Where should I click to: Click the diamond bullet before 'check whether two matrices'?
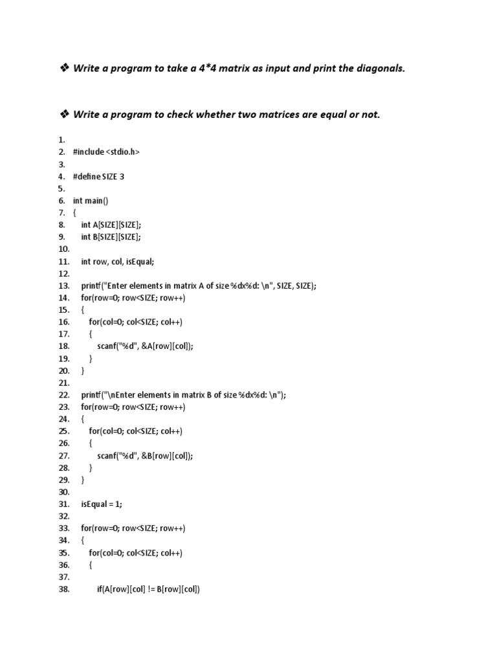(x=64, y=115)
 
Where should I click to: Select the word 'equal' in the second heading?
(x=326, y=115)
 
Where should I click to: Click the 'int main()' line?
(x=91, y=201)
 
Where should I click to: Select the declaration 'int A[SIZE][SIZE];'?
(x=111, y=225)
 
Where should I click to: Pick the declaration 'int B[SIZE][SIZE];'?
(x=111, y=237)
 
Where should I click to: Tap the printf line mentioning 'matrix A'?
(x=199, y=286)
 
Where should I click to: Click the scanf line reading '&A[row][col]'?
(x=146, y=346)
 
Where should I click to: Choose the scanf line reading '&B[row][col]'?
(x=146, y=456)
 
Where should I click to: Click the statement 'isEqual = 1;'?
(x=102, y=504)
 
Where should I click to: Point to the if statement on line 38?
(x=149, y=590)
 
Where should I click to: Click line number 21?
(x=63, y=383)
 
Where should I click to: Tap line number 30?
(x=63, y=493)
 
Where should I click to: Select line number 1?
(x=61, y=139)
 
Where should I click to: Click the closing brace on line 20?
(x=83, y=371)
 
